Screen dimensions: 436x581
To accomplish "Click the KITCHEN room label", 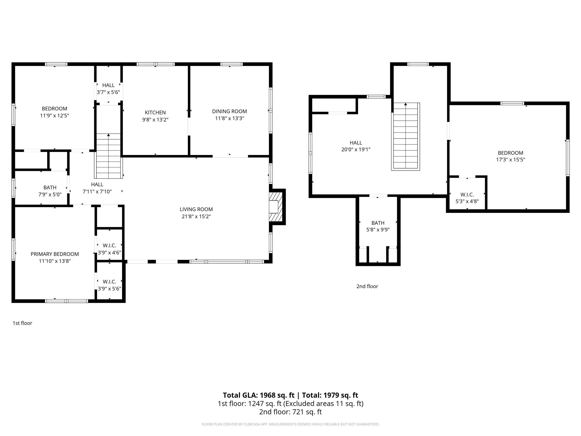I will [x=155, y=113].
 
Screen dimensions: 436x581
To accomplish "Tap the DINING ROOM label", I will [x=230, y=112].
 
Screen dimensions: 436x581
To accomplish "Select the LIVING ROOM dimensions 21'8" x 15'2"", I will [x=196, y=217].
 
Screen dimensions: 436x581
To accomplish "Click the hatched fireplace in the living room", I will [x=275, y=207].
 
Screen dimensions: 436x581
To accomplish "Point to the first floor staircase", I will [x=108, y=156].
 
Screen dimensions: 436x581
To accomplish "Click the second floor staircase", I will [x=405, y=137].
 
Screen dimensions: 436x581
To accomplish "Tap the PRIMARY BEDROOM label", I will [x=55, y=254].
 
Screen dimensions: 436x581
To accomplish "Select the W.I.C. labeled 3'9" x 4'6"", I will [x=109, y=249].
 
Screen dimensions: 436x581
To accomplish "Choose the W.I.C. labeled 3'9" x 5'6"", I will [x=109, y=285].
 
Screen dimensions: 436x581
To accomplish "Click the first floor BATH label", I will [x=50, y=188].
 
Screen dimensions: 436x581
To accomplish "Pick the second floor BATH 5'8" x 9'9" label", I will [x=378, y=226].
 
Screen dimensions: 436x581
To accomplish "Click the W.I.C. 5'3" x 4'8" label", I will [x=467, y=198].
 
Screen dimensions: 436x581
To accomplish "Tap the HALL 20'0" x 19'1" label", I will [x=356, y=146].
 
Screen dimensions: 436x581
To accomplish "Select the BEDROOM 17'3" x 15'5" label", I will [x=510, y=156].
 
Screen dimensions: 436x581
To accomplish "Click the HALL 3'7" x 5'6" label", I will [x=108, y=89].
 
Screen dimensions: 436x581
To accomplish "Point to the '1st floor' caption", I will [x=22, y=323].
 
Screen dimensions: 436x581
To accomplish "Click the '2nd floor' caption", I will [x=367, y=286].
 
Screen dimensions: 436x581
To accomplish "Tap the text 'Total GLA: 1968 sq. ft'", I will [x=258, y=395].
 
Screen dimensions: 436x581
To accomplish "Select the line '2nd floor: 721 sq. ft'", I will [x=290, y=412].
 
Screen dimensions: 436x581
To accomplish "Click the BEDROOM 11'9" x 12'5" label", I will [x=54, y=112].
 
